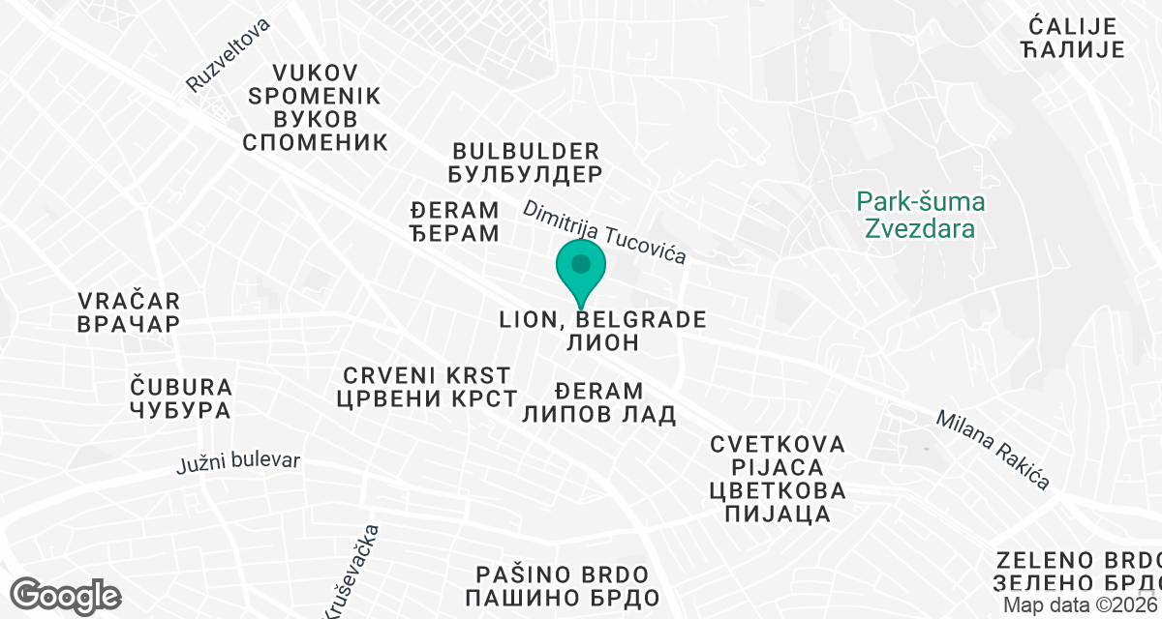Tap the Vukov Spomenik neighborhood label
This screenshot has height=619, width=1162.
(316, 107)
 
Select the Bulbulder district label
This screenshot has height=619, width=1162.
(527, 162)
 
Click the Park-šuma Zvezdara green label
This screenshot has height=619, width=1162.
(920, 216)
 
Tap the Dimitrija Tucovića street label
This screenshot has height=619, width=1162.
(605, 232)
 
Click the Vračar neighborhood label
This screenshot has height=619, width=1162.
(129, 311)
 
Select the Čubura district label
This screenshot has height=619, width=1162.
(181, 398)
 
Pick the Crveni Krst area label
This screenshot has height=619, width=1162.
(426, 386)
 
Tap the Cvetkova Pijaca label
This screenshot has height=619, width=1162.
(778, 478)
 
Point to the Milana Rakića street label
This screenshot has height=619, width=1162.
(993, 450)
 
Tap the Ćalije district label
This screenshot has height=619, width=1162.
(1072, 38)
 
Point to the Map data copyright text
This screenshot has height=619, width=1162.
(1080, 604)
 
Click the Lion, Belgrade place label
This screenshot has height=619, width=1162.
(601, 330)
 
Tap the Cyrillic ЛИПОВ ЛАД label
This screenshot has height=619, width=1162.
(598, 414)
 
